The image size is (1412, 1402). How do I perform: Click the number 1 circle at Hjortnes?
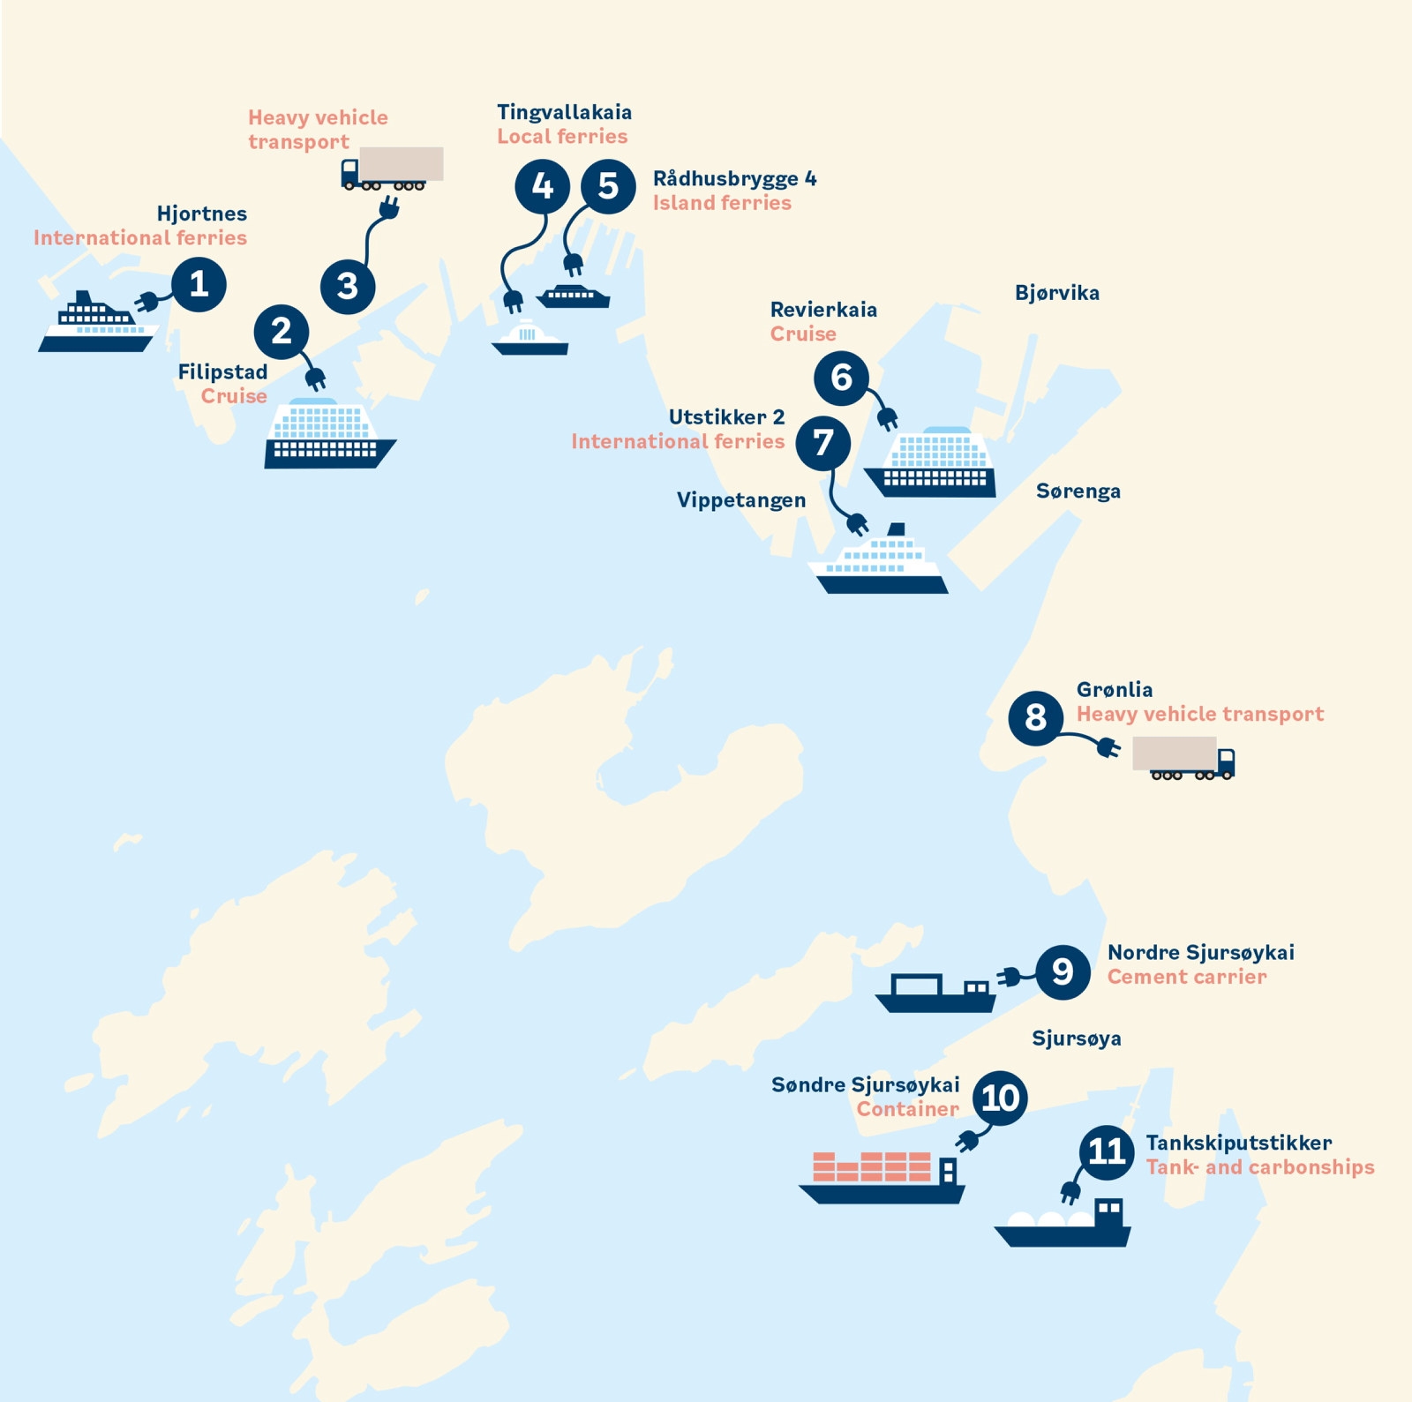(199, 284)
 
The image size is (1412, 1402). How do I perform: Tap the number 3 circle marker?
(348, 286)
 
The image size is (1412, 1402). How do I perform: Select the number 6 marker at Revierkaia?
(841, 378)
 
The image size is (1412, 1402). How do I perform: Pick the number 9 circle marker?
(1063, 971)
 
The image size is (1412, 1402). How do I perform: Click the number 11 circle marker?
(1107, 1151)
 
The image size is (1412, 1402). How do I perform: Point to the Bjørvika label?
(1056, 293)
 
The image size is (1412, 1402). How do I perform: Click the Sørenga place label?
(1078, 491)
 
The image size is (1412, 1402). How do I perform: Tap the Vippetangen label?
(740, 500)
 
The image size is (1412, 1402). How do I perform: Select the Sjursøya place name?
(1076, 1038)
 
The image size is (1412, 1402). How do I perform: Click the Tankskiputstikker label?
(1238, 1143)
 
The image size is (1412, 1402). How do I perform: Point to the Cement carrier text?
(1186, 977)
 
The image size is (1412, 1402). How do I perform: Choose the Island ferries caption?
(721, 203)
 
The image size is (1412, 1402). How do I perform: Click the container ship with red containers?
(881, 1178)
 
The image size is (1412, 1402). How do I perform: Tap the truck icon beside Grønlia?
(1183, 758)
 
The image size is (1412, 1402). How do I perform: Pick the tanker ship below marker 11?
(1063, 1224)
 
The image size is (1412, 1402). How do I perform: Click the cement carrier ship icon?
(935, 993)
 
